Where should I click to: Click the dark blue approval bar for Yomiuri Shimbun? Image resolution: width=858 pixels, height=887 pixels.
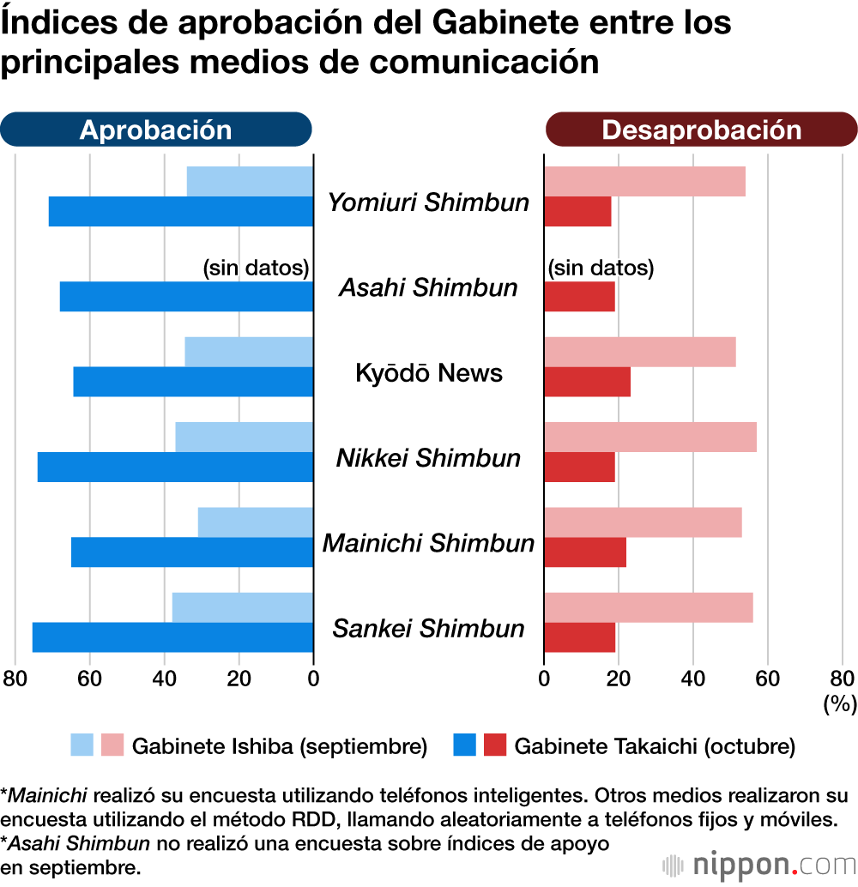coord(180,212)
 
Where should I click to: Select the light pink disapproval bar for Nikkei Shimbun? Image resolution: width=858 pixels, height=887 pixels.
coord(650,437)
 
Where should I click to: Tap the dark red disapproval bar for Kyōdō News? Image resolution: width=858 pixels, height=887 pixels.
coord(587,383)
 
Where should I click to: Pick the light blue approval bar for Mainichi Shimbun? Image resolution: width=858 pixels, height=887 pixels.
coord(255,522)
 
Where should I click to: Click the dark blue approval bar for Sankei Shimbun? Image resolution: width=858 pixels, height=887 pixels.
coord(172,637)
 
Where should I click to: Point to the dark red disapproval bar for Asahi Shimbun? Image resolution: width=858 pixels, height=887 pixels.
coord(579,297)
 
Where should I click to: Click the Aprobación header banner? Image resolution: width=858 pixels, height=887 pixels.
coord(155,130)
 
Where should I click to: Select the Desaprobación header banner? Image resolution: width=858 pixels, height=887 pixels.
coord(701,130)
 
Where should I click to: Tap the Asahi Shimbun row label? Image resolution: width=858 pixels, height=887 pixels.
coord(428,287)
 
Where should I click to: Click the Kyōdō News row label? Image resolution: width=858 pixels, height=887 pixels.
coord(428,373)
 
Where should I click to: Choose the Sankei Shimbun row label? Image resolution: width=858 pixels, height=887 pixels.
coord(428,629)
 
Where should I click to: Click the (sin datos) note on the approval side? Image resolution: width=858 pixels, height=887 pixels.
coord(255,269)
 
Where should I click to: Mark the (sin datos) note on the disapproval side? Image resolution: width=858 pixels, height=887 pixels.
coord(601,269)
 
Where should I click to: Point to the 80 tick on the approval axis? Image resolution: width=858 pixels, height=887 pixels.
coord(15,679)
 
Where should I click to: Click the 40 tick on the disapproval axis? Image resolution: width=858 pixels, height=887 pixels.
coord(693,679)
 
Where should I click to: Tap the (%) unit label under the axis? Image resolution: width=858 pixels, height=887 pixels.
coord(840,703)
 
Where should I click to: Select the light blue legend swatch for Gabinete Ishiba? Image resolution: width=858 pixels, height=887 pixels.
coord(82,745)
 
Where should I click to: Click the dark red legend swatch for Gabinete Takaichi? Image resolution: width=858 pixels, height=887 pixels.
coord(495,745)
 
